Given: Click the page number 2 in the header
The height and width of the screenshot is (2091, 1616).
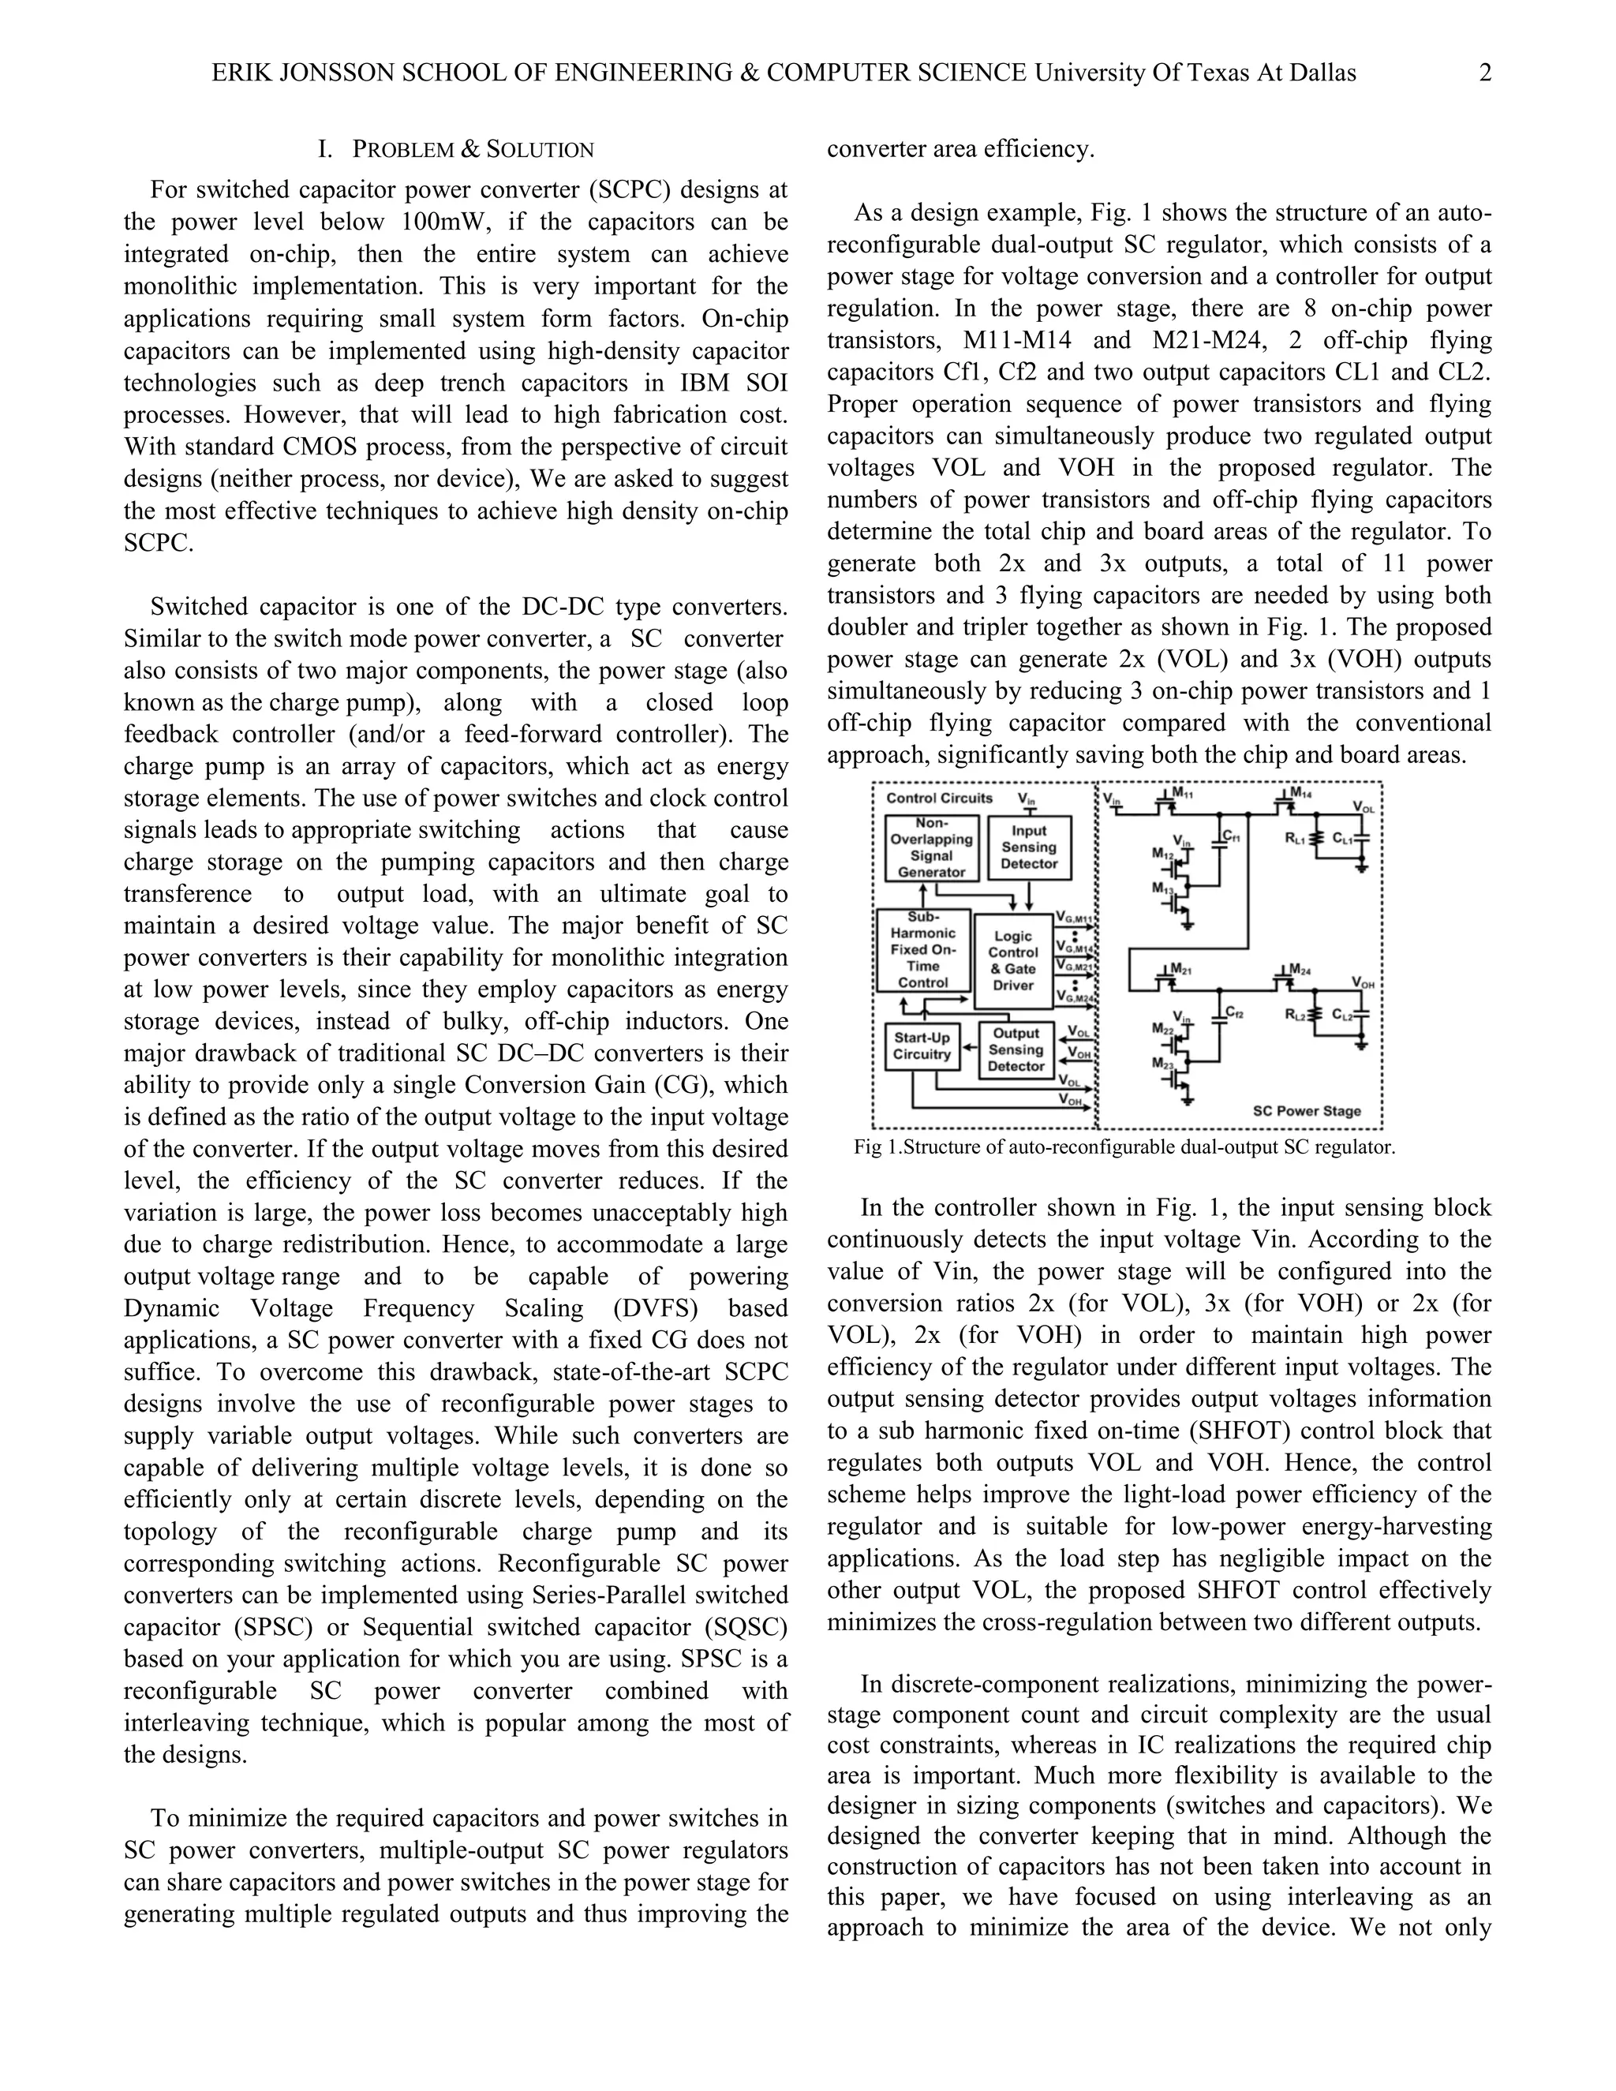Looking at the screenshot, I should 1485,73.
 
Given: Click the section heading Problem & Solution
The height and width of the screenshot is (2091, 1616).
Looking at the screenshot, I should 456,149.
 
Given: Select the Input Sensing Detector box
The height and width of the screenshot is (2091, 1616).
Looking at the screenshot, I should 1029,847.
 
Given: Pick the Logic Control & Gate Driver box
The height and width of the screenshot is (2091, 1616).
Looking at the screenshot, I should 1013,960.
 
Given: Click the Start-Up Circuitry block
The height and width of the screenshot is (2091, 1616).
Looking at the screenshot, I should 922,1046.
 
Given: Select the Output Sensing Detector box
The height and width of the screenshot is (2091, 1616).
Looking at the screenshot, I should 1016,1049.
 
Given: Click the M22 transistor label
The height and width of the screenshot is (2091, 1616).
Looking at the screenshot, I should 1162,1028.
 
